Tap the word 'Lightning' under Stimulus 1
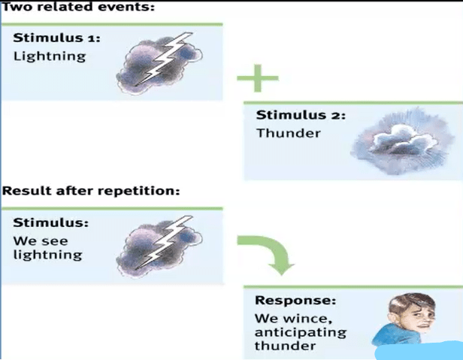tap(49, 56)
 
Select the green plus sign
tap(258, 78)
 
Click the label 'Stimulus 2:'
tap(301, 116)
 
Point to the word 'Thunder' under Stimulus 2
tap(288, 134)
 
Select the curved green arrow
tap(267, 252)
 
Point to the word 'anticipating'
tap(301, 331)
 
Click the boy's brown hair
tap(414, 300)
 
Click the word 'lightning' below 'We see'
tap(47, 255)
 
